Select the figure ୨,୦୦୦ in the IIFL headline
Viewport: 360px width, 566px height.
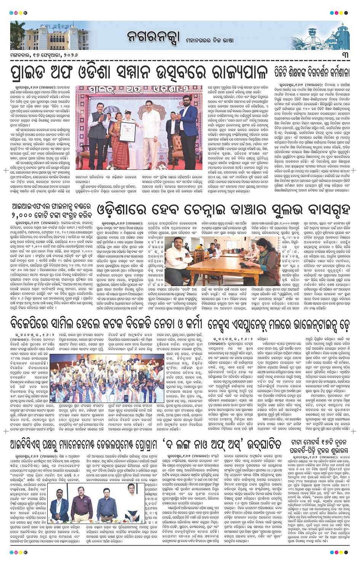click(22, 216)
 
